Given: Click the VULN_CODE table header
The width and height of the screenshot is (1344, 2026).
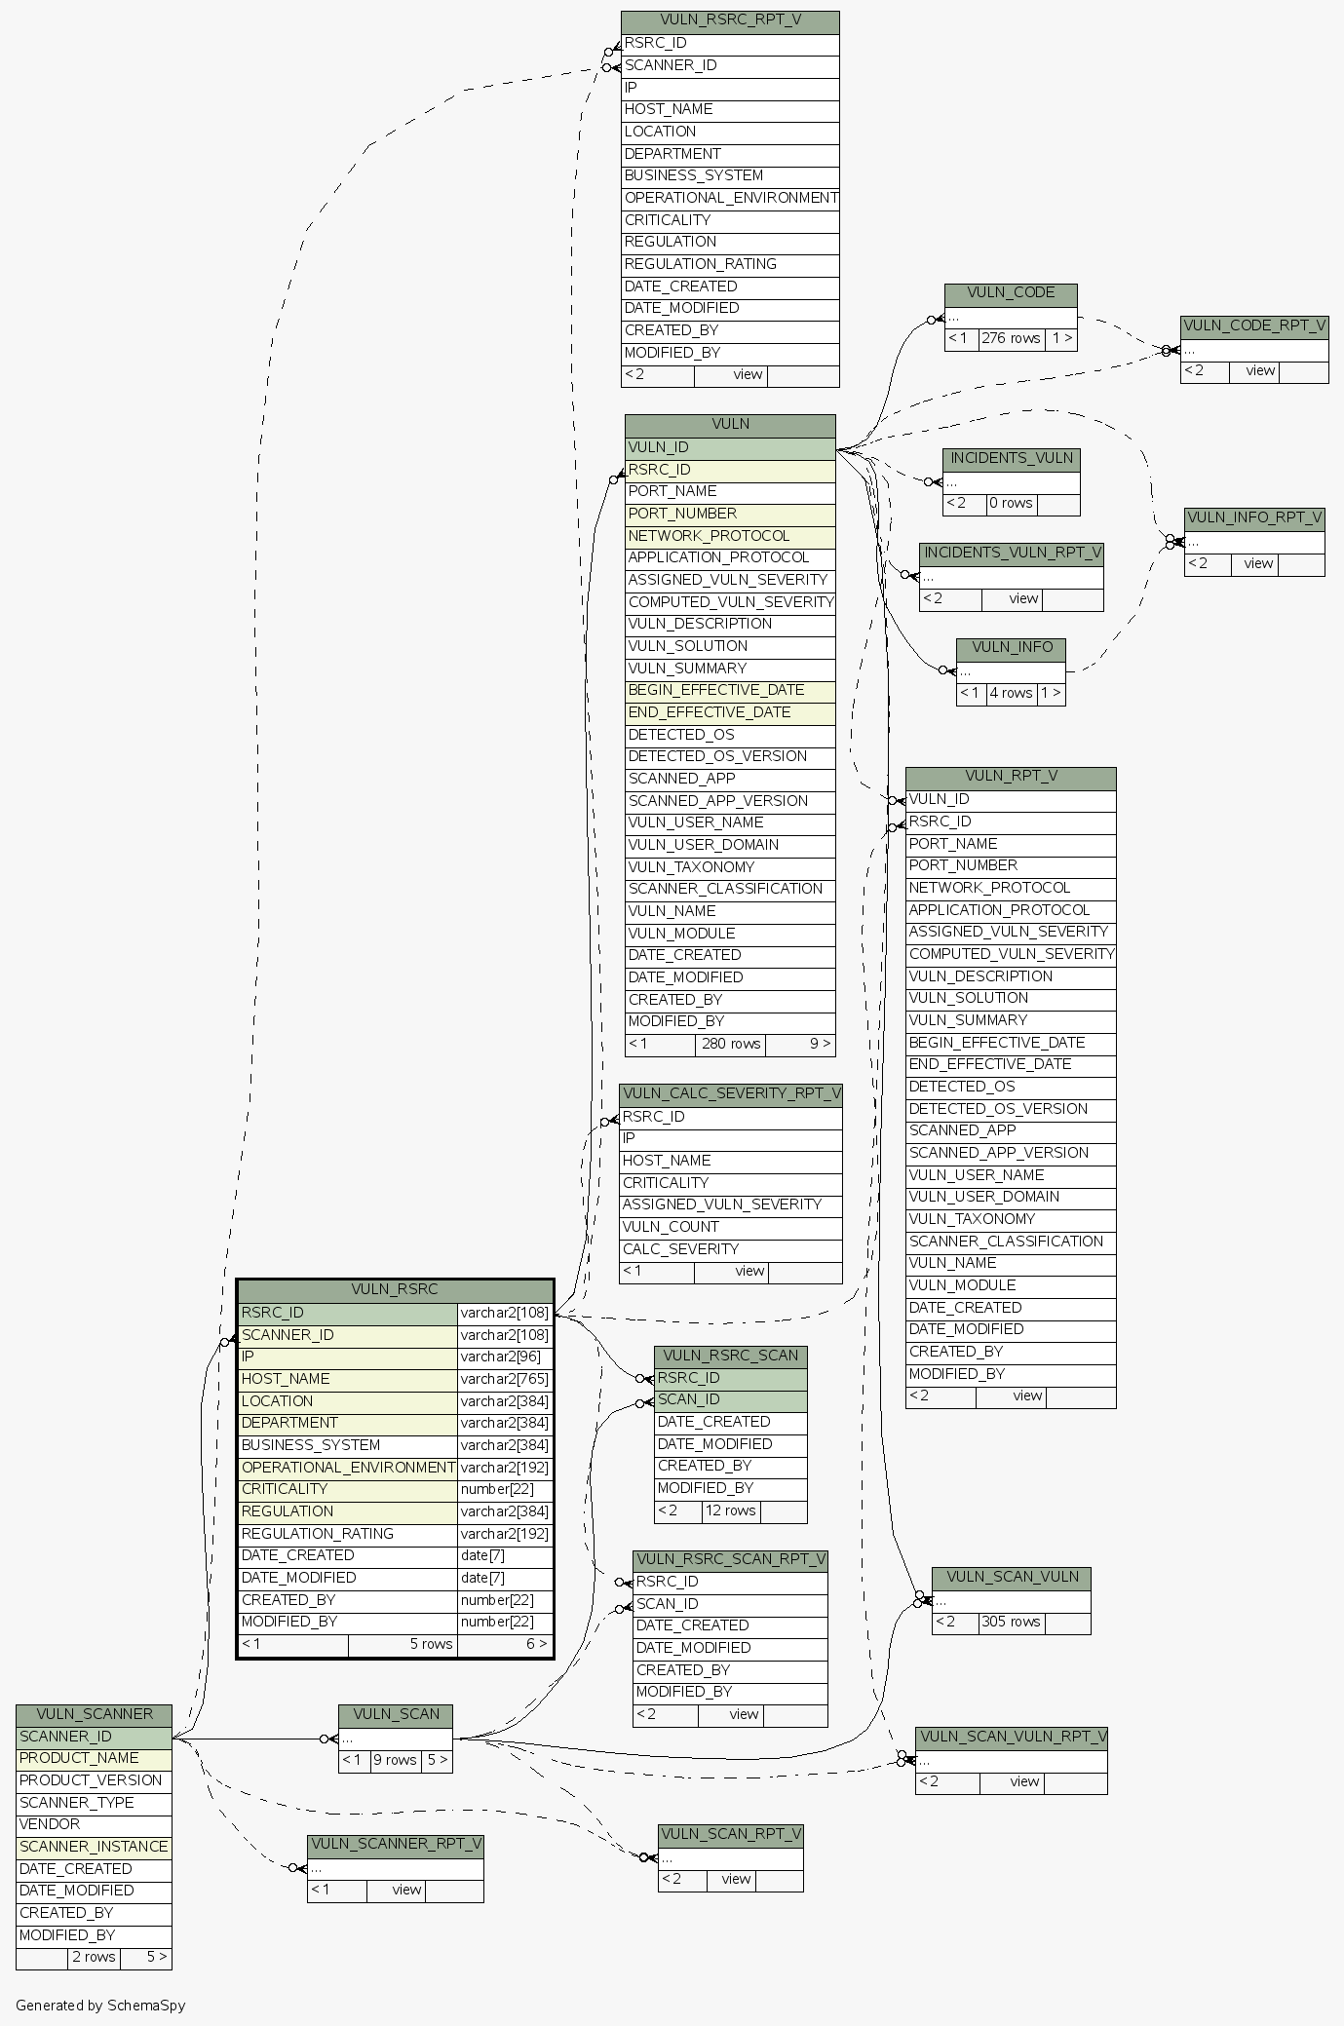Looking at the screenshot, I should [1011, 293].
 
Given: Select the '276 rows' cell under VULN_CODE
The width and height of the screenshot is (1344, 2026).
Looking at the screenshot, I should [1011, 339].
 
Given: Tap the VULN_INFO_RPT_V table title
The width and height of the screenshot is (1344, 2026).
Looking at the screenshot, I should [1254, 517].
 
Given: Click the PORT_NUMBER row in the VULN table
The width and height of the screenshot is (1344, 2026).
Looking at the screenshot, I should [730, 514].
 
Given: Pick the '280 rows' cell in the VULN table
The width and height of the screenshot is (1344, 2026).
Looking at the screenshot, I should [731, 1044].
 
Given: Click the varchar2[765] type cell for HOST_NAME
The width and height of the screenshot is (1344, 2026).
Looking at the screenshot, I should [504, 1379].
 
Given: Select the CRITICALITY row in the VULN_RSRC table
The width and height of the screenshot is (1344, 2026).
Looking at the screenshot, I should [347, 1489].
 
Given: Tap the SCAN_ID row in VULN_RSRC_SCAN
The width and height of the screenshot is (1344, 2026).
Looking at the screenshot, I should [730, 1400].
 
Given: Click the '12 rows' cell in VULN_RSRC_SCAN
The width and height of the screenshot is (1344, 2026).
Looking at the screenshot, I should [730, 1510].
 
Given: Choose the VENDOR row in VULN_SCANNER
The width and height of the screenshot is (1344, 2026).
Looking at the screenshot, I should [94, 1824].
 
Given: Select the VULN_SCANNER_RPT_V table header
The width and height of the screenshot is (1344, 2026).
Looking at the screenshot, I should [396, 1845].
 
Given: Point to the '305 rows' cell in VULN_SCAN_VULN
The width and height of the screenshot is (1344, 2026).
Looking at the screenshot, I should [1011, 1623].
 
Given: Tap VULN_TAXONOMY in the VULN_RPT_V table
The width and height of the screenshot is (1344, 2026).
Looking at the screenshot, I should [1010, 1219].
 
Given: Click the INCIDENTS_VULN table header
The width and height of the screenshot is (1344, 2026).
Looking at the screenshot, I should [1012, 458].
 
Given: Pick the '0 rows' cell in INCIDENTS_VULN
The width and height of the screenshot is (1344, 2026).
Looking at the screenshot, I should [1011, 504].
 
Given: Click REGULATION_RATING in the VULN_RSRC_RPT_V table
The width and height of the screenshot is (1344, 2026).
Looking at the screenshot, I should [730, 264].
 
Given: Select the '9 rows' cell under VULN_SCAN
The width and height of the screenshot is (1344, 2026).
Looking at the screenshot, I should [395, 1761].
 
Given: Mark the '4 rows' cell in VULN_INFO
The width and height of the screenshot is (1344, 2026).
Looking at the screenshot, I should [1011, 694].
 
